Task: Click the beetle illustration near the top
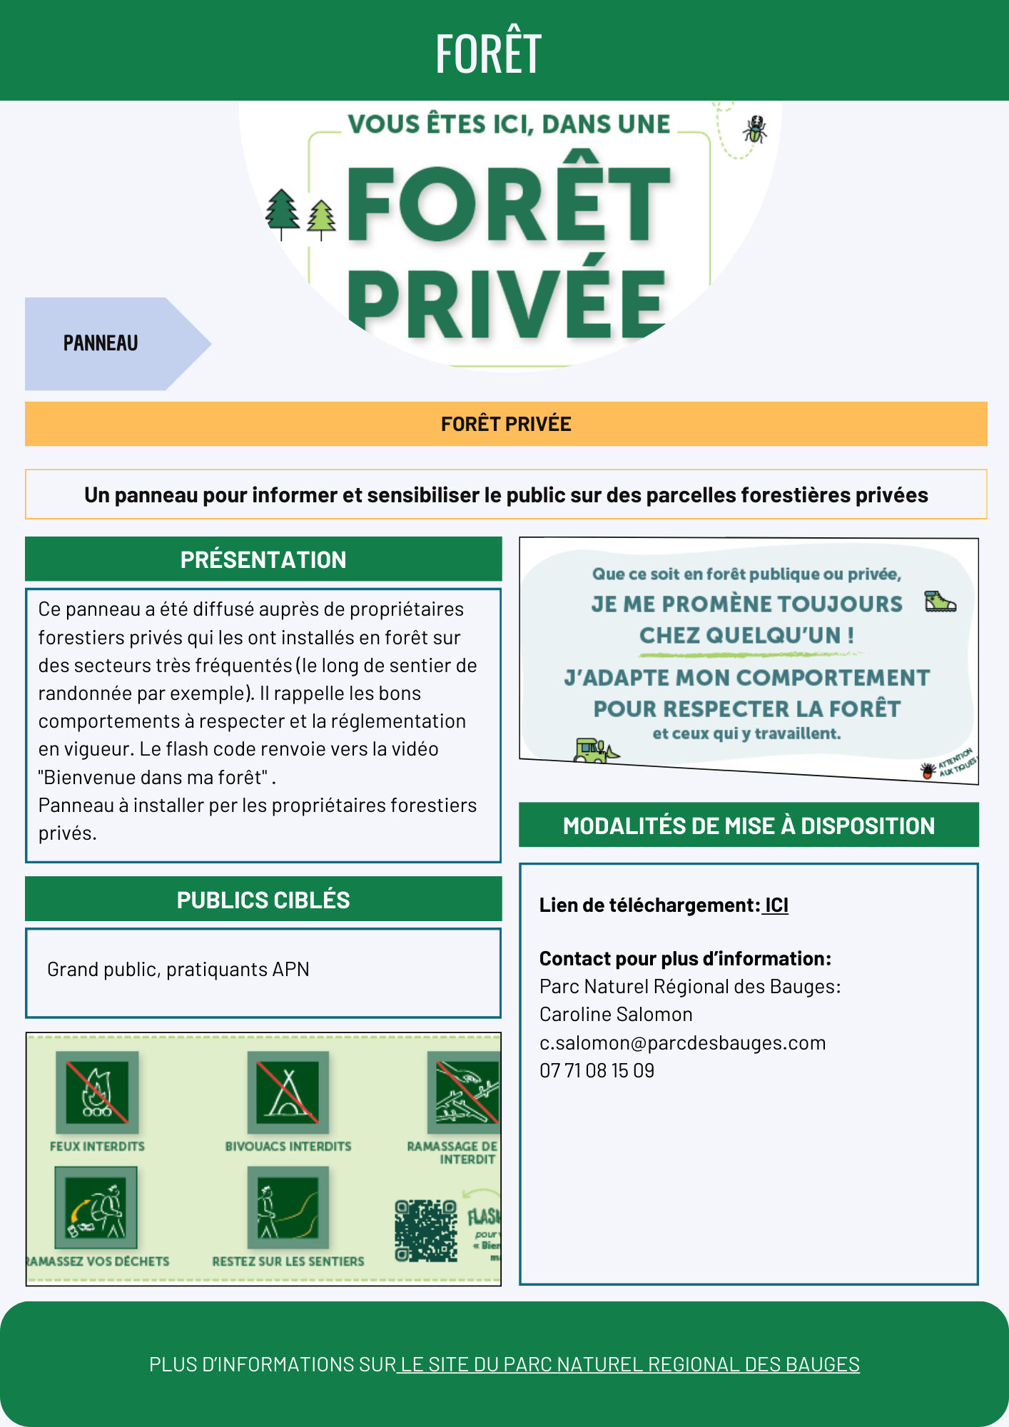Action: pyautogui.click(x=754, y=130)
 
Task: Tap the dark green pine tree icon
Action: pyautogui.click(x=283, y=212)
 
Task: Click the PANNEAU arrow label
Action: pyautogui.click(x=101, y=343)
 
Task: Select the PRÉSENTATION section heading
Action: pyautogui.click(x=263, y=559)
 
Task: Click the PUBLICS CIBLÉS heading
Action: pyautogui.click(x=263, y=900)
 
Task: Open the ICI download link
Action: pyautogui.click(x=776, y=905)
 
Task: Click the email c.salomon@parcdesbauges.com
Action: pyautogui.click(x=682, y=1042)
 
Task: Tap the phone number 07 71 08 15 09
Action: pyautogui.click(x=597, y=1070)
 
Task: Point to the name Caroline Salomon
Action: pyautogui.click(x=616, y=1014)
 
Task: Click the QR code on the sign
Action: pyautogui.click(x=426, y=1230)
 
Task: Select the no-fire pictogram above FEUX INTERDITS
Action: pyautogui.click(x=97, y=1092)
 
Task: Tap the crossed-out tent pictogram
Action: pyautogui.click(x=288, y=1092)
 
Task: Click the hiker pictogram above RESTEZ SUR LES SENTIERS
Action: pyautogui.click(x=288, y=1207)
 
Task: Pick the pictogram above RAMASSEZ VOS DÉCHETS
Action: pyautogui.click(x=96, y=1207)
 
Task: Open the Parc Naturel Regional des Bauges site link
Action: pyautogui.click(x=629, y=1364)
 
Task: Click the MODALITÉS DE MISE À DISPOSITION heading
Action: pyautogui.click(x=749, y=826)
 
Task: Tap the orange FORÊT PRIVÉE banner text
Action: pyautogui.click(x=506, y=424)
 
